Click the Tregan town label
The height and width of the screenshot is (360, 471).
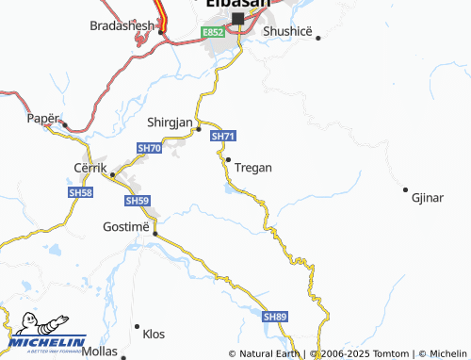tap(253, 168)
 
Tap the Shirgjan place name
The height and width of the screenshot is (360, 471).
tap(171, 123)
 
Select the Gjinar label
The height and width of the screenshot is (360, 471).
tap(428, 198)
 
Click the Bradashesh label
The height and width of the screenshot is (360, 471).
tap(122, 25)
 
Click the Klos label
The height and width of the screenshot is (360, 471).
tap(153, 334)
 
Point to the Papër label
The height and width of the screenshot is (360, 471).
tap(42, 120)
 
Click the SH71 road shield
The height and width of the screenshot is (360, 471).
tap(222, 137)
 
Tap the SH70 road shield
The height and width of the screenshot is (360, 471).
tap(149, 149)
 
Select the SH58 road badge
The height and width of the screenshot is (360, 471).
tap(81, 191)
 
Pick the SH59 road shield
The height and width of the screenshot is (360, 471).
tap(138, 201)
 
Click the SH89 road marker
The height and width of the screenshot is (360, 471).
tap(275, 317)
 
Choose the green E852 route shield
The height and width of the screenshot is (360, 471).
tap(213, 32)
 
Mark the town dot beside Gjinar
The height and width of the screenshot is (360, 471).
tap(406, 188)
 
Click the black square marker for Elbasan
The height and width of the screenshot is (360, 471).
tap(237, 19)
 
